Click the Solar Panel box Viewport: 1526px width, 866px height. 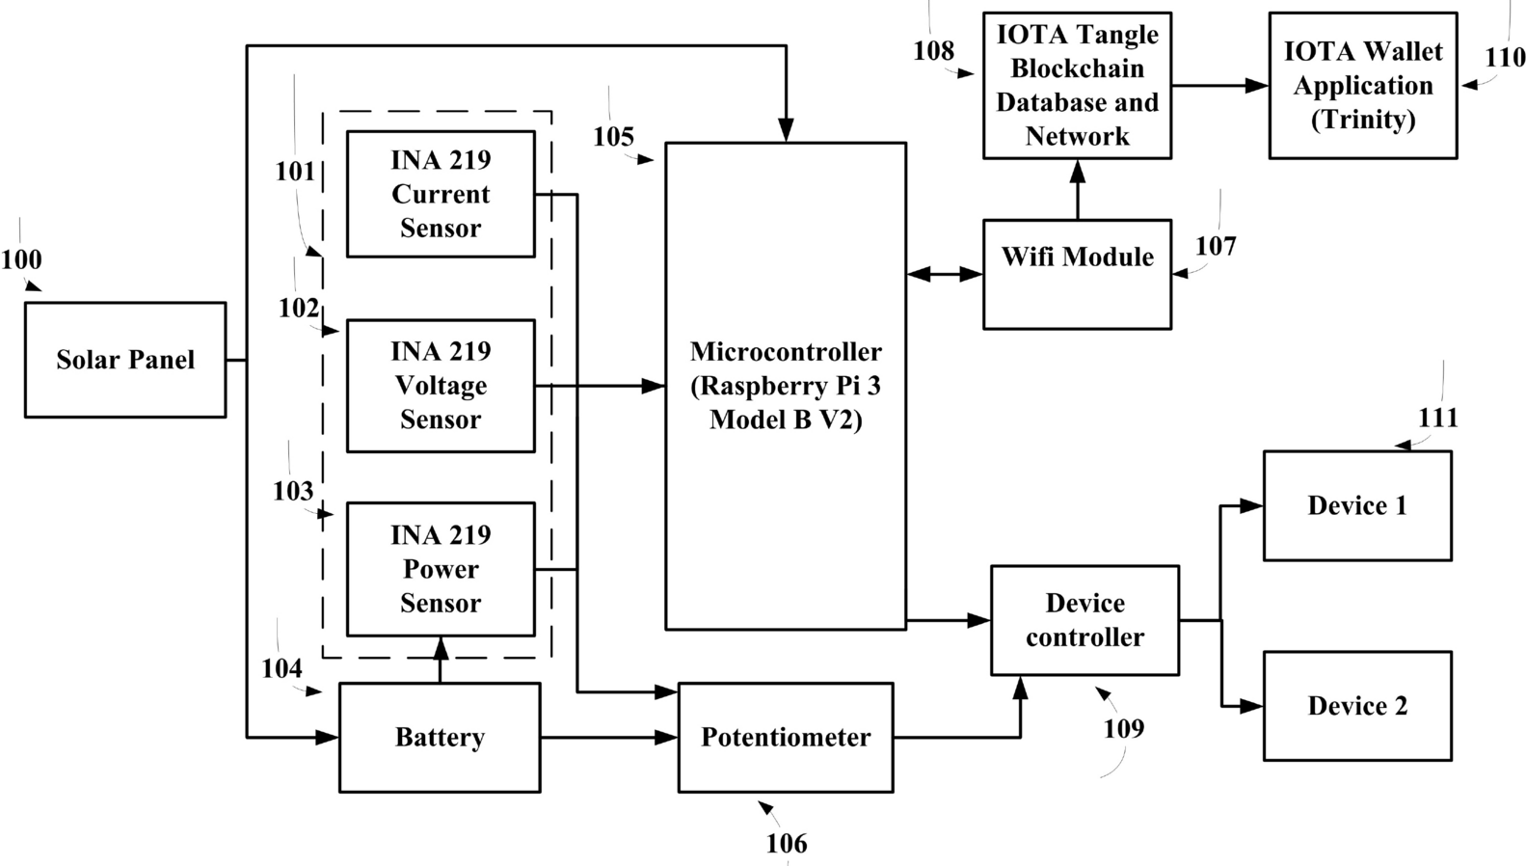[125, 360]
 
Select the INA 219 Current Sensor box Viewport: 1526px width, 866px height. [441, 194]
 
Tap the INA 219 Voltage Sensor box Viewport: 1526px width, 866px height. [441, 386]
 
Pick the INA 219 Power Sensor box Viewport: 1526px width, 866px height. [441, 569]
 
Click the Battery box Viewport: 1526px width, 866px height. [440, 738]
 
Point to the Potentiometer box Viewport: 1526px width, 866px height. [786, 738]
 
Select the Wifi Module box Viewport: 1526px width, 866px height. [1077, 275]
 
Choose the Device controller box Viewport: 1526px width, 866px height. [1084, 620]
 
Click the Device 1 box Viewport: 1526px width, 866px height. [1357, 505]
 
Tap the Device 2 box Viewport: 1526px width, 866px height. [1357, 706]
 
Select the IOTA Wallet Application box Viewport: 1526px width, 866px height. [1362, 86]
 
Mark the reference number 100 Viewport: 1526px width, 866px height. [21, 259]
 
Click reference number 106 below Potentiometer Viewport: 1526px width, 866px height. [787, 844]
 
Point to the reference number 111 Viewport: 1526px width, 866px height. [1437, 418]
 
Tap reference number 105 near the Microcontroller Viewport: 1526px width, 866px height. [613, 137]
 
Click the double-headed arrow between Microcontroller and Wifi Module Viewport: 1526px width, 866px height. [945, 275]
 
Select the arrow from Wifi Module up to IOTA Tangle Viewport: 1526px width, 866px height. [1078, 189]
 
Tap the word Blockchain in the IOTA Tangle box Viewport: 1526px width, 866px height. [1077, 68]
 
